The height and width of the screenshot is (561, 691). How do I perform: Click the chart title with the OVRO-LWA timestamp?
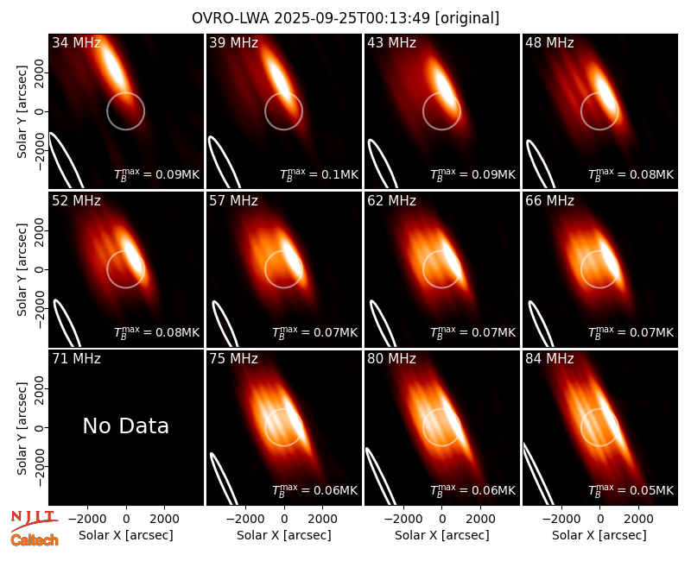[345, 18]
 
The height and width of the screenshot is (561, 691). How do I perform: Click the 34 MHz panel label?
[76, 42]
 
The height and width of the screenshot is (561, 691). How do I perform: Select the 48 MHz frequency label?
[549, 42]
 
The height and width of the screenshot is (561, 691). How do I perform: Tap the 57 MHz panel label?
[233, 201]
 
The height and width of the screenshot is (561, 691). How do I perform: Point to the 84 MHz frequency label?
[549, 359]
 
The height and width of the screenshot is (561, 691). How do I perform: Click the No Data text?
[125, 425]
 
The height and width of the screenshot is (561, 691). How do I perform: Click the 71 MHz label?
[76, 359]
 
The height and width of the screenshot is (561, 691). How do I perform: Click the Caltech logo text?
[35, 540]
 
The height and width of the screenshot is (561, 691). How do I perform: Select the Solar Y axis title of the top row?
[22, 112]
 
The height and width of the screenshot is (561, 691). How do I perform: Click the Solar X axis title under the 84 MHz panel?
[599, 535]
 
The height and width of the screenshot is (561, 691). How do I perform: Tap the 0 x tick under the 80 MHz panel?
[442, 520]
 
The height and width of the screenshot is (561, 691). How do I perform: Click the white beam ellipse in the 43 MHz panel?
[383, 163]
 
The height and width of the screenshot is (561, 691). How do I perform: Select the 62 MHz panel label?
[391, 201]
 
